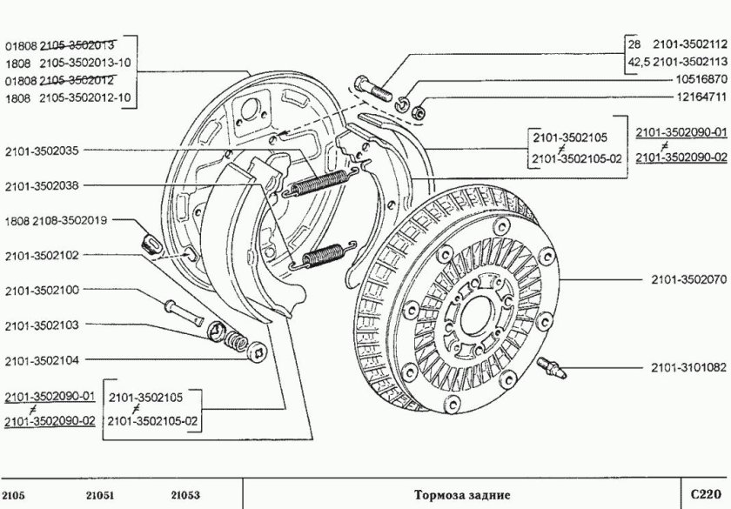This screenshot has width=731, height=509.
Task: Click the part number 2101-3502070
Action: [687, 281]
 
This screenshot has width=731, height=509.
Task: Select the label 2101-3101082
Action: [687, 368]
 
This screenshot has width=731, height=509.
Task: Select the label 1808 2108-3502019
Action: [56, 221]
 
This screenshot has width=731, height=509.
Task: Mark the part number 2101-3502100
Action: [41, 290]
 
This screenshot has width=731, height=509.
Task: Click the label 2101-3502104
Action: [41, 360]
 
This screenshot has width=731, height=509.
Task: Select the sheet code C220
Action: [705, 493]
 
